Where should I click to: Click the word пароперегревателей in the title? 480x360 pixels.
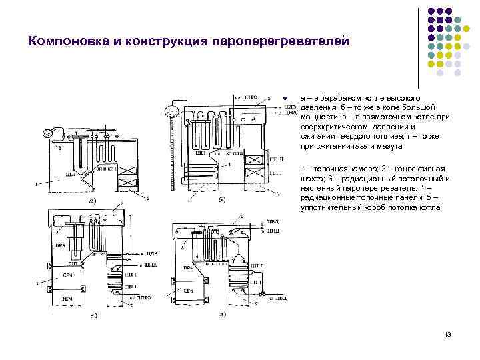pos(279,42)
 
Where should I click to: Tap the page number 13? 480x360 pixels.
pos(447,333)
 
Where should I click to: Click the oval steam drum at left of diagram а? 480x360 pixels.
pos(47,134)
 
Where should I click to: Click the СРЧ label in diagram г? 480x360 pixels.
pos(189,289)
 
